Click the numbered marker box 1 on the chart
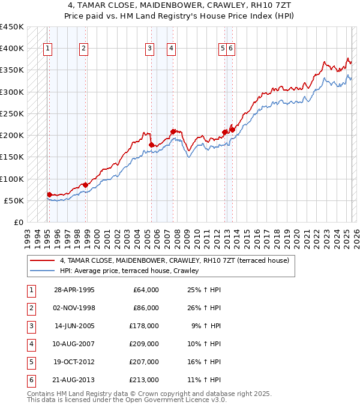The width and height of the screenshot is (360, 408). pos(47,49)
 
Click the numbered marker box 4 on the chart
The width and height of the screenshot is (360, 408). pos(171,49)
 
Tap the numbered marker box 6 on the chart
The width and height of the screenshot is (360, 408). pos(230,49)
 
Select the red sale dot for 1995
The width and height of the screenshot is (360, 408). pos(49,194)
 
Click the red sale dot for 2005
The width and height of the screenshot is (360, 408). pos(151,145)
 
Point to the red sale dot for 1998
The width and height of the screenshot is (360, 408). pos(85,185)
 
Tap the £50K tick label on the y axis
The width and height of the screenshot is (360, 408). pos(14,200)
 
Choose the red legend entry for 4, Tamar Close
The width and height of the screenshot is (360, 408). pos(174,260)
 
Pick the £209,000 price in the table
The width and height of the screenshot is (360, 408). pos(144,344)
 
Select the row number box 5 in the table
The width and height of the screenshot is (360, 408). pos(30,362)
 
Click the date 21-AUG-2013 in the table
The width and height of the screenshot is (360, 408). pos(74,380)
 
